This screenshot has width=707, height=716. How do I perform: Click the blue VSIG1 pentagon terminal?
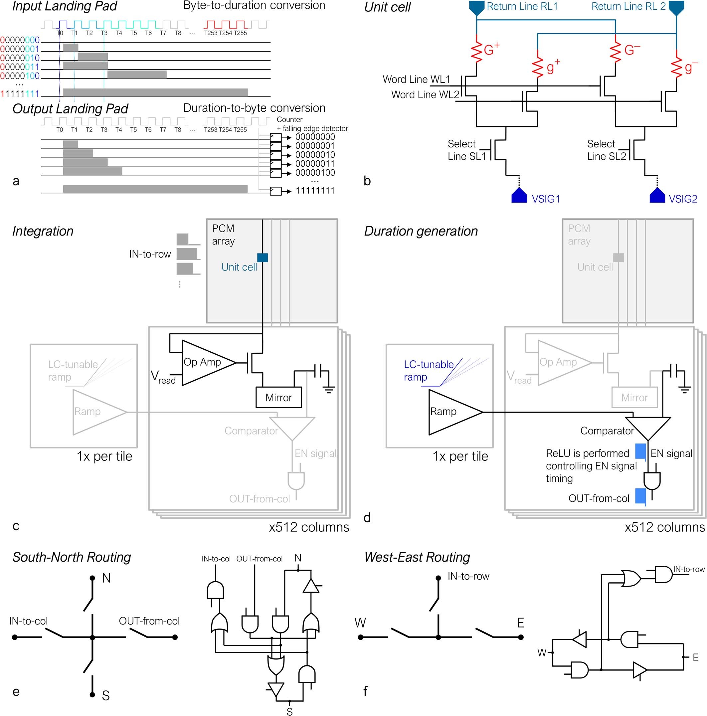coord(519,196)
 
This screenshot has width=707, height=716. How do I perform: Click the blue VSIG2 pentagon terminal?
coord(657,196)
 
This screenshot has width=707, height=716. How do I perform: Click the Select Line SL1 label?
coord(466,150)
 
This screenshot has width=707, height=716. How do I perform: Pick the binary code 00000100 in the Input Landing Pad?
coord(20,76)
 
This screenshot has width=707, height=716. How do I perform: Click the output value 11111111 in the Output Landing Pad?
coord(315,191)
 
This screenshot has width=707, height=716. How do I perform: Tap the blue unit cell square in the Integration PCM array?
coord(263,257)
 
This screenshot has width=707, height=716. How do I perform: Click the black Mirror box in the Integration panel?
coord(279,397)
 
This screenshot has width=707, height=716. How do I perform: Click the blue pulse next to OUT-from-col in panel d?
coord(640,495)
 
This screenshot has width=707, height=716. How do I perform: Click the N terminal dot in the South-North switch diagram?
coord(92,578)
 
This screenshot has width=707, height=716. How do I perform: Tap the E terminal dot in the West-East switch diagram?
coord(521,637)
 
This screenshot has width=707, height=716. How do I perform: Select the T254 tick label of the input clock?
coord(225,33)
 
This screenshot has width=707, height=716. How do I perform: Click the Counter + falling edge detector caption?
coord(312,124)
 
